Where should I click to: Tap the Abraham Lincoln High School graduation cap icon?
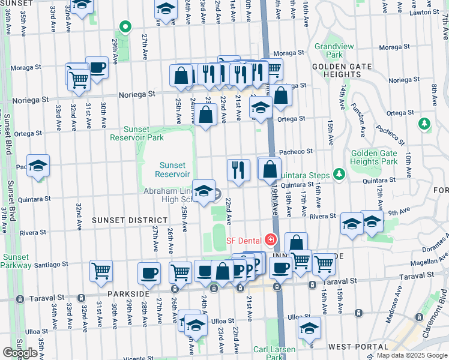(204, 191)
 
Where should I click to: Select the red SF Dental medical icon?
(271, 241)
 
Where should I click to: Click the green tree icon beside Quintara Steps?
(339, 175)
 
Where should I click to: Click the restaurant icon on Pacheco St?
(238, 169)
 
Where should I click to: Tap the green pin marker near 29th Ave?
(125, 27)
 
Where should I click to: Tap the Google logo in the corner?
(20, 353)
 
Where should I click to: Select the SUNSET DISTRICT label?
(121, 221)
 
